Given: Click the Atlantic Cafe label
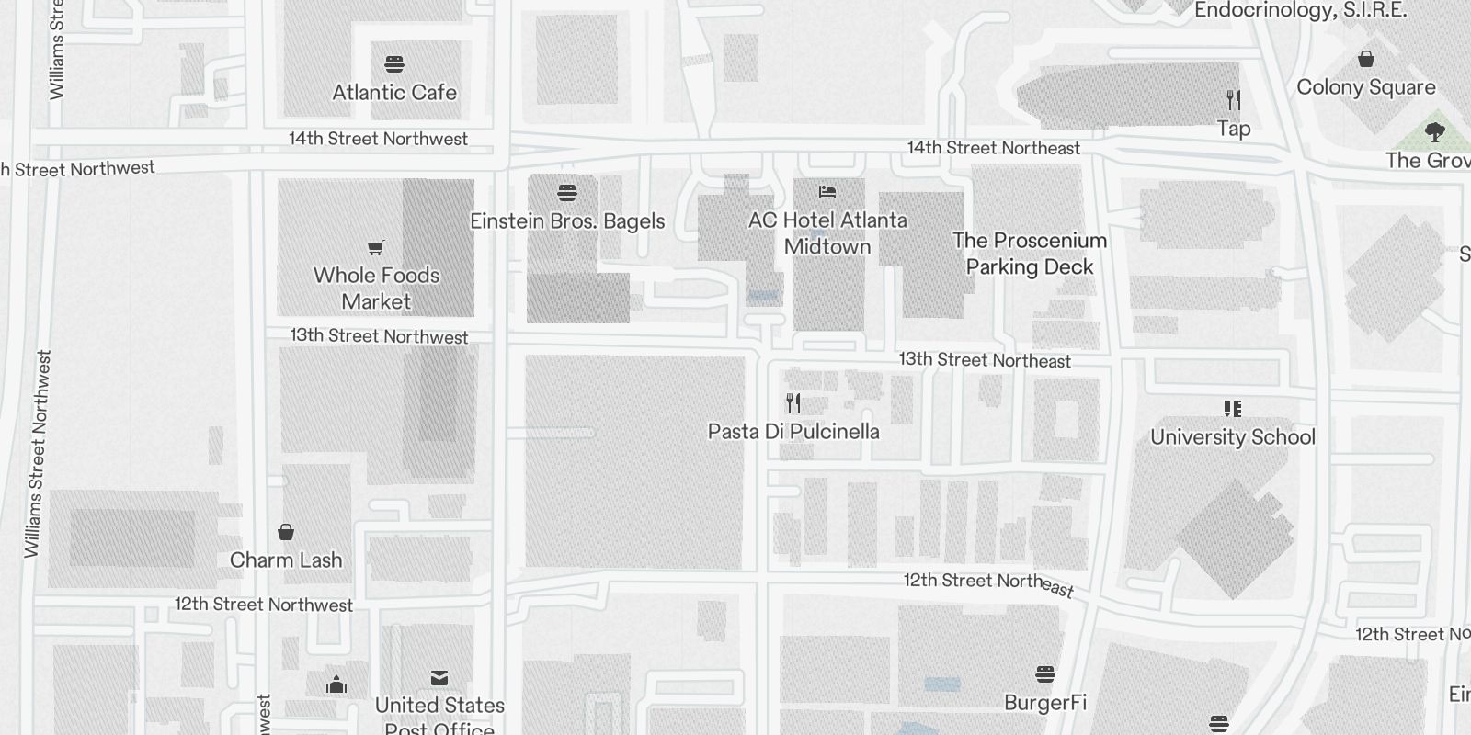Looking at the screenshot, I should [x=394, y=93].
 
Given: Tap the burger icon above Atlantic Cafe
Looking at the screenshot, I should [x=394, y=63].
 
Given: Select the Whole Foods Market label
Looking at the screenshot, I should [x=376, y=288].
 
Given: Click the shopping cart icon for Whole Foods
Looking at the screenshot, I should [x=375, y=246].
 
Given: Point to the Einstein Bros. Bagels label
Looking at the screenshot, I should [x=567, y=221].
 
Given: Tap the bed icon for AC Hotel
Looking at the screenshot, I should [x=827, y=192].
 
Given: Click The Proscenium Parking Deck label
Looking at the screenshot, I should [x=1030, y=254].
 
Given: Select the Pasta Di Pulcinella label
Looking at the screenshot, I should [x=793, y=432].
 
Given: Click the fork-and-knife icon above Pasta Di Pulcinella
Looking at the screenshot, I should [x=793, y=402].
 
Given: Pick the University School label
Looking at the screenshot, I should [x=1233, y=437].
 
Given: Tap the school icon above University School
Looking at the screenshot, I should [x=1233, y=408].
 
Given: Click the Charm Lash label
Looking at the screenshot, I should [x=286, y=560].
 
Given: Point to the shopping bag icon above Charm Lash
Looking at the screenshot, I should [x=286, y=531].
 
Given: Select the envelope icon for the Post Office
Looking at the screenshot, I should [x=439, y=678].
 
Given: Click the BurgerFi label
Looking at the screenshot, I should [x=1045, y=703].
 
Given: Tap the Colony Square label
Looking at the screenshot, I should [x=1366, y=87].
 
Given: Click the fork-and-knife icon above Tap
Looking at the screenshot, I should [x=1234, y=99].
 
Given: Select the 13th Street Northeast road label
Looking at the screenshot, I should [x=985, y=360].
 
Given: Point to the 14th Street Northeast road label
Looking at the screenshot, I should [x=994, y=148].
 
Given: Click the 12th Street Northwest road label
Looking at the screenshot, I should [x=264, y=605].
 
